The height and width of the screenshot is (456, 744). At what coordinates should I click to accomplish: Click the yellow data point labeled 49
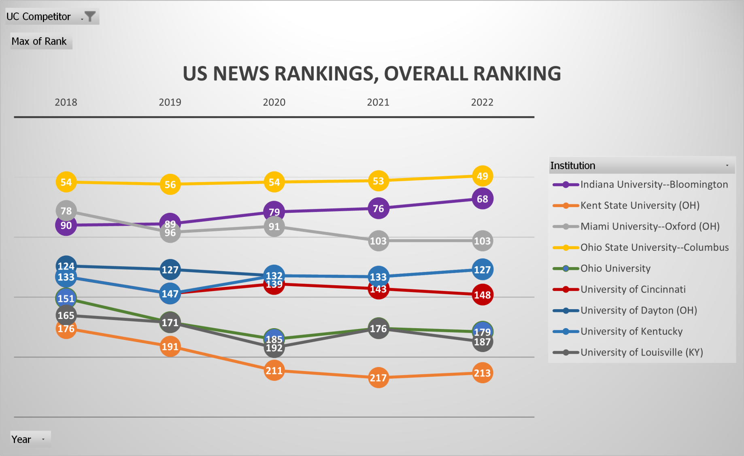[x=482, y=176]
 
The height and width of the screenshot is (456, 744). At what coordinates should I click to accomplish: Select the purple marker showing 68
[x=482, y=199]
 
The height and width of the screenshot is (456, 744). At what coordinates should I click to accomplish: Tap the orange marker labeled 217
[x=378, y=378]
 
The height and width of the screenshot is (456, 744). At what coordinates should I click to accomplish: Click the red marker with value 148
[x=482, y=295]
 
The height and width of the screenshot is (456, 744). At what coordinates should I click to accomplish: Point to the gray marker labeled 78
[x=66, y=210]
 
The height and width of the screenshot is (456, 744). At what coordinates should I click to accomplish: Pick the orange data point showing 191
[x=170, y=347]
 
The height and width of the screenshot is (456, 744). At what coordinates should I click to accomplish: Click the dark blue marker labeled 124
[x=66, y=266]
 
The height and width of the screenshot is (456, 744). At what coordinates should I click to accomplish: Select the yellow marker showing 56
[x=170, y=185]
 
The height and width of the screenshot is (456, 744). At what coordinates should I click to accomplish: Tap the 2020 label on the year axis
[x=274, y=102]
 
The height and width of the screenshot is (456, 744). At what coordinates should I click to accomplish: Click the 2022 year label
[x=482, y=102]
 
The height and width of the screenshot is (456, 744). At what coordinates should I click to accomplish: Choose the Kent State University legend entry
[x=640, y=206]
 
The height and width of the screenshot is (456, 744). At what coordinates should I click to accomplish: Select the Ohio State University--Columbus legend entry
[x=654, y=247]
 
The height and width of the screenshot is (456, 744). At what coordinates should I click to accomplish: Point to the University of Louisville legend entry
[x=641, y=352]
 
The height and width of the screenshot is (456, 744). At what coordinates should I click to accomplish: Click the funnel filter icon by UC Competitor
[x=90, y=17]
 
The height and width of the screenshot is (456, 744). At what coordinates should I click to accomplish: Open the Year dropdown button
[x=43, y=439]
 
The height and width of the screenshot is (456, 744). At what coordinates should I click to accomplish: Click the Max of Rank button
[x=39, y=41]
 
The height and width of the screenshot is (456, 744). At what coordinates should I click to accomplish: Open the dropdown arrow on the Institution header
[x=727, y=165]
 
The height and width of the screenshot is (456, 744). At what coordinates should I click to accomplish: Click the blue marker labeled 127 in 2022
[x=482, y=269]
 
